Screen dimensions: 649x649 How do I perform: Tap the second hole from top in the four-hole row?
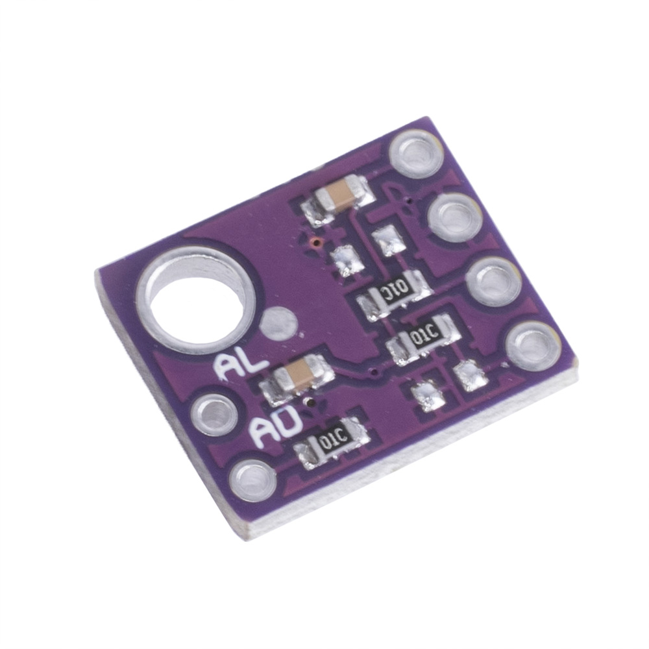click(x=456, y=217)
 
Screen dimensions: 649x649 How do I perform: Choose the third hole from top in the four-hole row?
click(x=495, y=282)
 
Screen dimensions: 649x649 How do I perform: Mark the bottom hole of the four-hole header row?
click(x=533, y=347)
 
